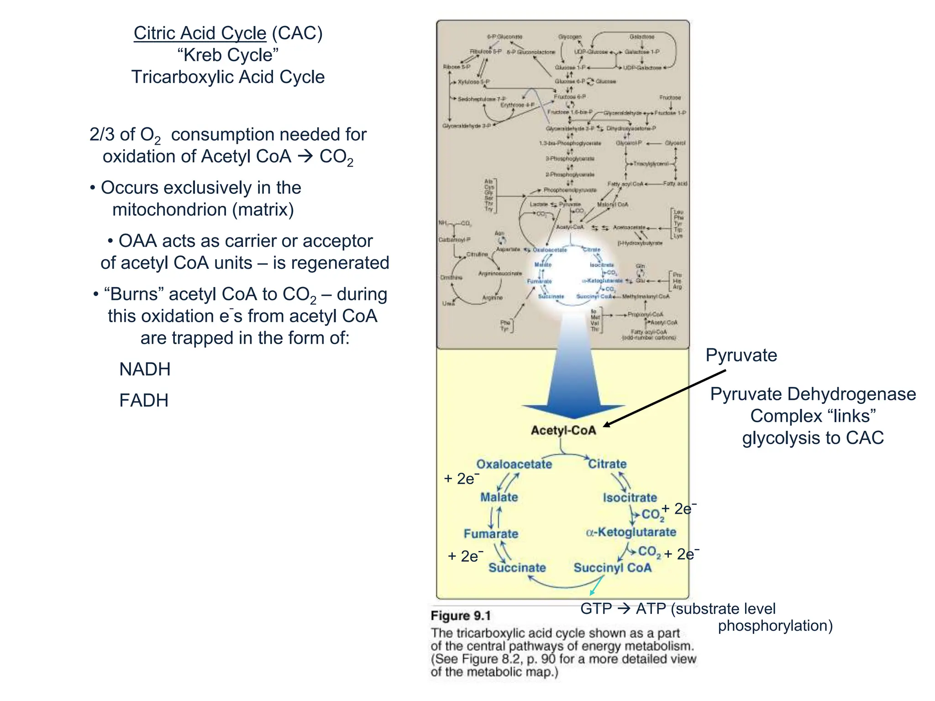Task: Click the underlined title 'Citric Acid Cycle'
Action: click(x=200, y=33)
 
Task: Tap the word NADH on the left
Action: click(x=145, y=369)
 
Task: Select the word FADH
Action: click(x=144, y=400)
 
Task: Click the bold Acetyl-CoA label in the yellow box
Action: click(x=563, y=430)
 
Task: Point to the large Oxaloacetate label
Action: click(x=514, y=464)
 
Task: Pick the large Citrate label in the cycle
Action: click(x=607, y=464)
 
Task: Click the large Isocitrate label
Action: click(x=630, y=497)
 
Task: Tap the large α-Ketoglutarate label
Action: click(x=631, y=532)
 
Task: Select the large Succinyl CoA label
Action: click(x=612, y=568)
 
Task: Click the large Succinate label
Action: click(x=517, y=568)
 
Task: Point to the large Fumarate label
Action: click(x=491, y=534)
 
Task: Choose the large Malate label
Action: click(x=499, y=497)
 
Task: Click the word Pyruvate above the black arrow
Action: click(x=741, y=355)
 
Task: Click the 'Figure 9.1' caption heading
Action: click(x=460, y=616)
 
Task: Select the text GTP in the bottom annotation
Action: click(x=596, y=609)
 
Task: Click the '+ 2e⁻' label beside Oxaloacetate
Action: click(x=462, y=479)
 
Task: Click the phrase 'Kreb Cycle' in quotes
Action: click(x=228, y=55)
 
